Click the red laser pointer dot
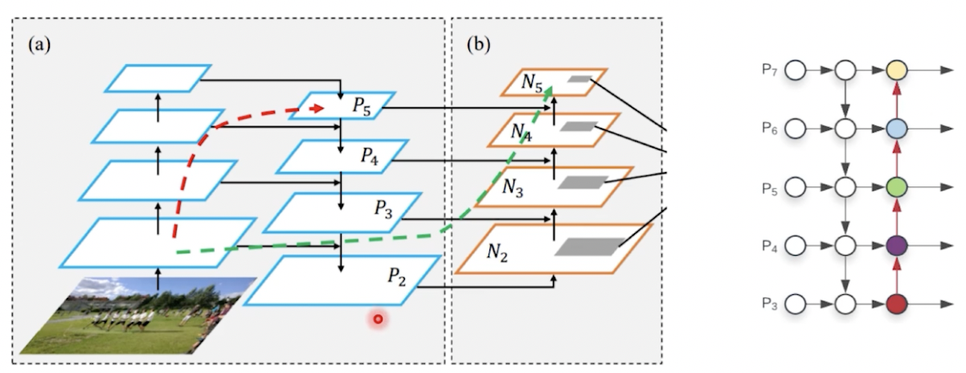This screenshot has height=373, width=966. [377, 319]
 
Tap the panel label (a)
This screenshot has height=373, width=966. [39, 45]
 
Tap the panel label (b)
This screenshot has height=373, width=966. [478, 45]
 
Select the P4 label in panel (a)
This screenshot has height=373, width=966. [369, 157]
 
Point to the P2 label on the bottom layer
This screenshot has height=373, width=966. [397, 276]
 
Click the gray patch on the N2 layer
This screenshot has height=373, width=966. [588, 248]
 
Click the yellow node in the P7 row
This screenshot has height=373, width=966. [897, 71]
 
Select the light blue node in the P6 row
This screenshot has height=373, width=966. [897, 129]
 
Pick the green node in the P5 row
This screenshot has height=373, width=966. [897, 187]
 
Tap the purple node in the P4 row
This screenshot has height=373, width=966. [897, 245]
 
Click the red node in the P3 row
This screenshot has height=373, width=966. [897, 304]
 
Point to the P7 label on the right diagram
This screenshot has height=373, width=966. [770, 70]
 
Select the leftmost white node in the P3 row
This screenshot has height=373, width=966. [795, 304]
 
